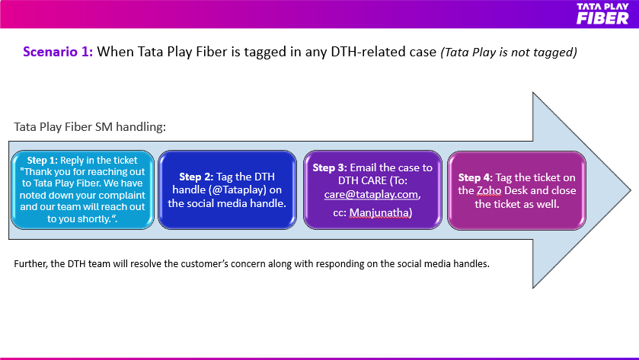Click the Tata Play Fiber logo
pyautogui.click(x=602, y=14)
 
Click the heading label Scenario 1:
pyautogui.click(x=59, y=52)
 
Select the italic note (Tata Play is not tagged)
pyautogui.click(x=509, y=52)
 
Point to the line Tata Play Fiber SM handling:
pyautogui.click(x=90, y=126)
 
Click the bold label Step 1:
pyautogui.click(x=43, y=160)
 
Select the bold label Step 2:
pyautogui.click(x=196, y=177)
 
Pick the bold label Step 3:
pyautogui.click(x=330, y=167)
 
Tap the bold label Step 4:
pyautogui.click(x=475, y=177)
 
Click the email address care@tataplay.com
pyautogui.click(x=371, y=194)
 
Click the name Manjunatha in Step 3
pyautogui.click(x=379, y=212)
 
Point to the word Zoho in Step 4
pyautogui.click(x=489, y=190)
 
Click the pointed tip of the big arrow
pyautogui.click(x=631, y=190)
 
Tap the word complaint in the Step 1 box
pyautogui.click(x=123, y=196)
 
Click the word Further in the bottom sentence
pyautogui.click(x=31, y=264)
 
